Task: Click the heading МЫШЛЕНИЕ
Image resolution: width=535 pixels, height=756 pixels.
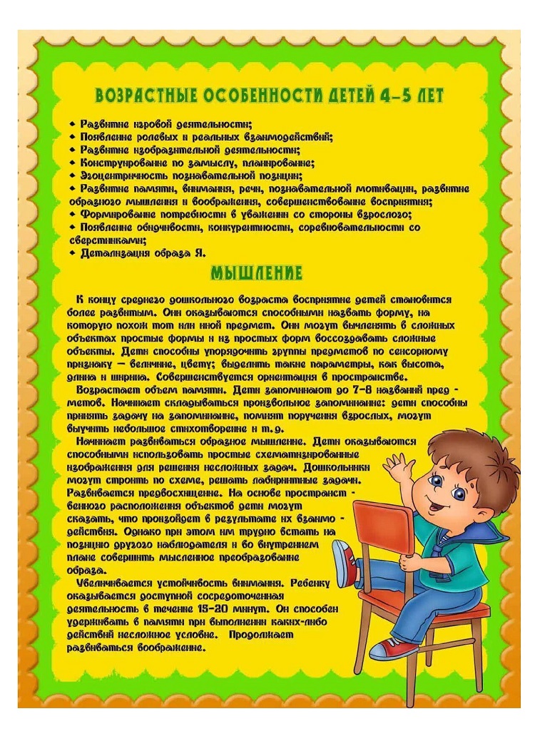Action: [257, 273]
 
